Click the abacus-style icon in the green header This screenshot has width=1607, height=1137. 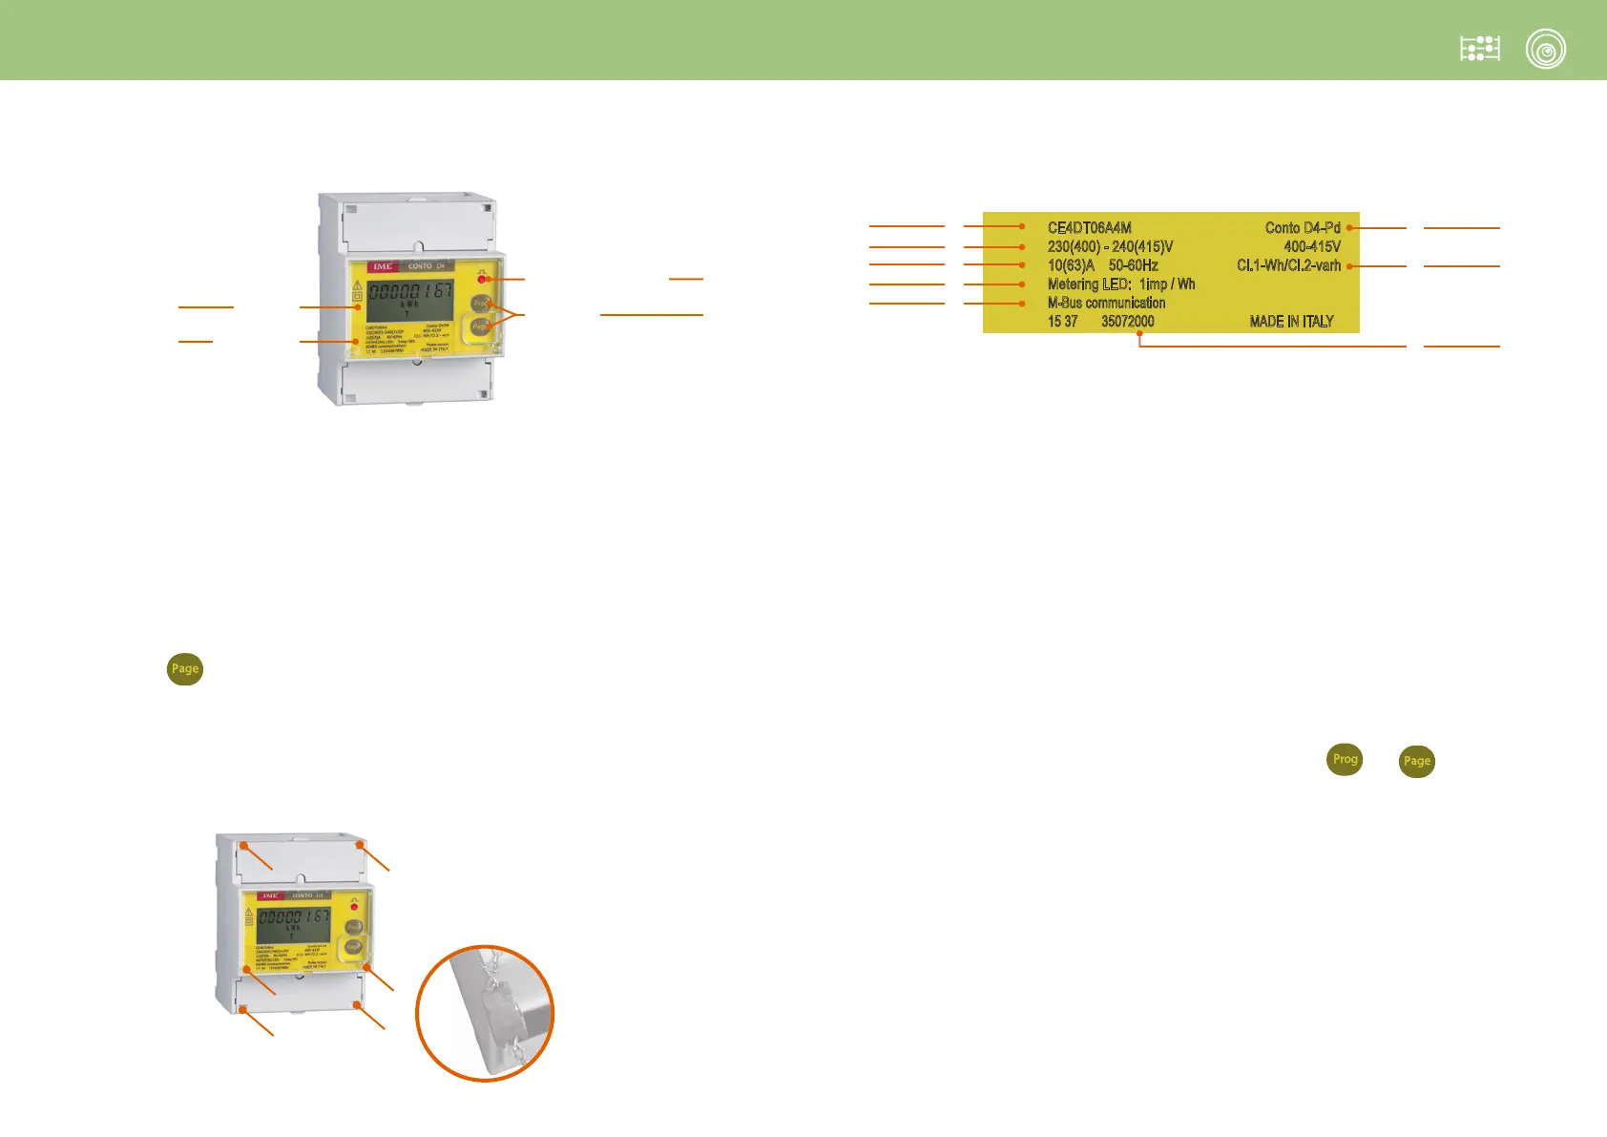coord(1479,49)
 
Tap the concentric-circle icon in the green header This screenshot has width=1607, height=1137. coord(1545,50)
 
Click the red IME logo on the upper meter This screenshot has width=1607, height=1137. coord(383,266)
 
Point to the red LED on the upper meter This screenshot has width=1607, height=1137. coord(482,280)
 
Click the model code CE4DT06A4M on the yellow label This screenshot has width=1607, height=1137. coord(1089,228)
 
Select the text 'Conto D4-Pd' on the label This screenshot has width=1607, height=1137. coord(1302,228)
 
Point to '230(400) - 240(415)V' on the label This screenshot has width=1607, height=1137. coord(1110,246)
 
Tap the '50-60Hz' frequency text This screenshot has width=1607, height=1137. coord(1133,265)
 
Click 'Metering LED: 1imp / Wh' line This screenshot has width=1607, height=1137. coord(1120,284)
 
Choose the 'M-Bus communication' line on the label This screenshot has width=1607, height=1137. coord(1106,303)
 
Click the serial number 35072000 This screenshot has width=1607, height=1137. coord(1127,322)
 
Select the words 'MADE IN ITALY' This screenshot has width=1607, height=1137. coord(1291,322)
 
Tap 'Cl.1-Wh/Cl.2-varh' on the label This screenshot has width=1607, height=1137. coord(1288,265)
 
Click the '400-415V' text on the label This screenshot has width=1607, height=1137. coord(1311,246)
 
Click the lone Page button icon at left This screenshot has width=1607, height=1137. coord(185,669)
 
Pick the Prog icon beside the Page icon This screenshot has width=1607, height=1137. coord(1345,760)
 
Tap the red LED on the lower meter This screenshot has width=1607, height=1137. coord(354,906)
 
